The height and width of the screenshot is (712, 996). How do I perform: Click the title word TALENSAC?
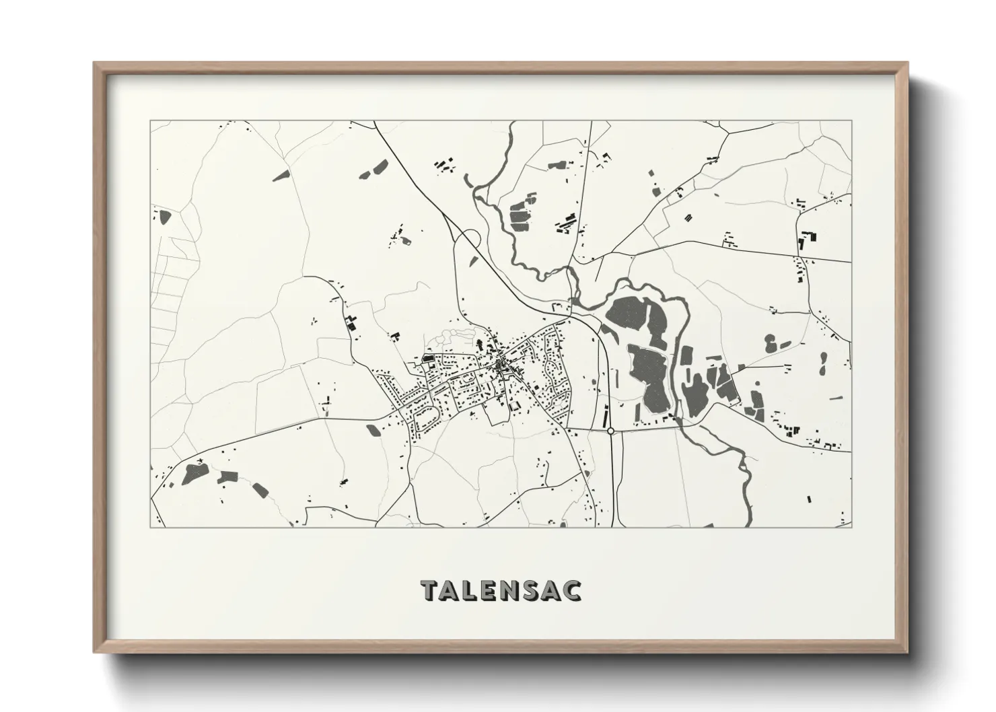point(501,590)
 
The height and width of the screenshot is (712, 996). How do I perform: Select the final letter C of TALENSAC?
point(573,590)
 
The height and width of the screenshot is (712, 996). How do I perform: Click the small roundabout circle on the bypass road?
point(610,431)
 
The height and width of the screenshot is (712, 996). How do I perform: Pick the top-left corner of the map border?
point(150,121)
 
